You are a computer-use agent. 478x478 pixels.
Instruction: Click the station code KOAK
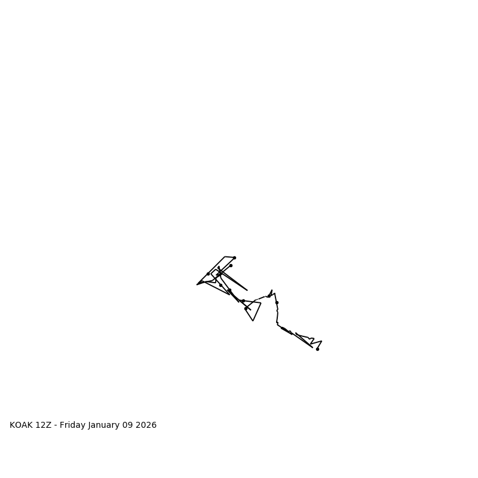[21, 425]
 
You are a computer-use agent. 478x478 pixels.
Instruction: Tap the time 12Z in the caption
[44, 425]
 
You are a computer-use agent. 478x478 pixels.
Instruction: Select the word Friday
[72, 425]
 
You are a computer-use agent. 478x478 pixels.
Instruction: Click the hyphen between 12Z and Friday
[56, 425]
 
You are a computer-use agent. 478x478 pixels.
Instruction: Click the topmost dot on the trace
[234, 258]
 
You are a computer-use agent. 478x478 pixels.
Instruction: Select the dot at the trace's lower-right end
[317, 349]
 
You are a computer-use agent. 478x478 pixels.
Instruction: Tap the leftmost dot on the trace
[208, 274]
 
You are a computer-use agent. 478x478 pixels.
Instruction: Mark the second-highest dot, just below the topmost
[231, 265]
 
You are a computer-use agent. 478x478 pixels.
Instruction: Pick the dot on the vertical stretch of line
[277, 302]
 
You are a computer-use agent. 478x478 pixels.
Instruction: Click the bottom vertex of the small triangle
[253, 321]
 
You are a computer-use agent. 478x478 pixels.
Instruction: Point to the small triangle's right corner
[261, 303]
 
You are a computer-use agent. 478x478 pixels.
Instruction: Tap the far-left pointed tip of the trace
[197, 284]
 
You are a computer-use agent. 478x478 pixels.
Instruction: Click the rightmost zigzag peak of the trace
[321, 341]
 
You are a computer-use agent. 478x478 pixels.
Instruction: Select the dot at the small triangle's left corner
[246, 308]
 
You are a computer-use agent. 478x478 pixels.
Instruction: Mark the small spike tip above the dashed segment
[272, 290]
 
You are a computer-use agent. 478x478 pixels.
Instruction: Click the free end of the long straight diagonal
[247, 290]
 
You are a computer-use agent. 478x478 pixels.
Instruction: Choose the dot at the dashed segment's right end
[269, 296]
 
